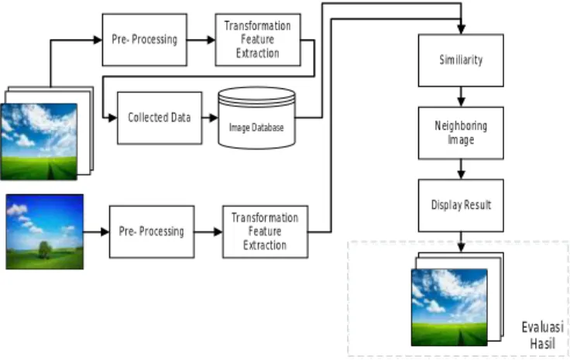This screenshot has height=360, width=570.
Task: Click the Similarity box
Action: coord(461,60)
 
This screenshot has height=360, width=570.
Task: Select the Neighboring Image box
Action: coord(461,133)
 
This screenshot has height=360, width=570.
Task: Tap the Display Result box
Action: coord(461,205)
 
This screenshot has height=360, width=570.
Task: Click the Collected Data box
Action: coord(160,118)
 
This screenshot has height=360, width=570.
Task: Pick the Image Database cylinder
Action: coord(256,118)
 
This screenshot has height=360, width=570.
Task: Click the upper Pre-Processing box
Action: coord(145,39)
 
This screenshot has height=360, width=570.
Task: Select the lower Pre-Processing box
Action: coord(152,231)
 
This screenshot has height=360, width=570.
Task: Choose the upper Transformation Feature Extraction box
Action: coord(258,39)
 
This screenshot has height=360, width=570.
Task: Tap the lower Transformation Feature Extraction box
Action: coord(266,231)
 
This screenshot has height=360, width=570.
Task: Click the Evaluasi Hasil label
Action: coord(543,335)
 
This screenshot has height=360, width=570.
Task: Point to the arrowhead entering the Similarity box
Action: coord(461,29)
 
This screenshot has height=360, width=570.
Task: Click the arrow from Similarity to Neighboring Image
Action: coord(461,97)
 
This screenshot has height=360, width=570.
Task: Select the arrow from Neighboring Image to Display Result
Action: coord(461,170)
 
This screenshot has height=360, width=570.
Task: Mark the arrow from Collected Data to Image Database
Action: coord(210,118)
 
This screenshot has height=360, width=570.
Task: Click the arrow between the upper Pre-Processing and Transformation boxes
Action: coord(201,39)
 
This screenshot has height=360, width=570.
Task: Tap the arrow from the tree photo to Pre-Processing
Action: coord(96,231)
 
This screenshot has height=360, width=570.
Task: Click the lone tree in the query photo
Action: coord(45,250)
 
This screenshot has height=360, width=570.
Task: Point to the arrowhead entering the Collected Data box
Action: coord(112,118)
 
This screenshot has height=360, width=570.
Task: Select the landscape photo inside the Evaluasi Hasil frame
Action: coord(449,307)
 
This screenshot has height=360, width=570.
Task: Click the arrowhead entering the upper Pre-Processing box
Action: coord(98,39)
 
